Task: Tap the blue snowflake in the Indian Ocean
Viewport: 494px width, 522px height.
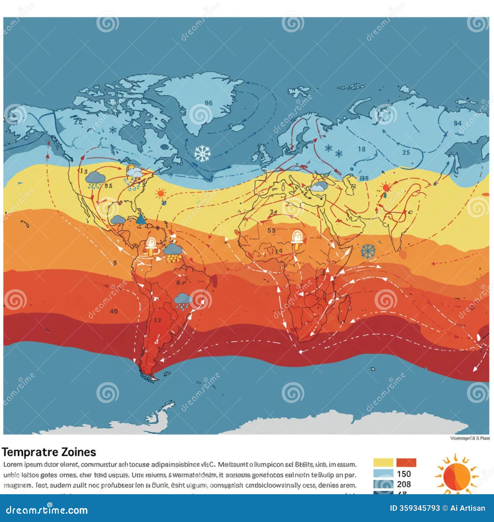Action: pyautogui.click(x=368, y=251)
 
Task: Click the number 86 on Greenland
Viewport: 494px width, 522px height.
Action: pyautogui.click(x=209, y=103)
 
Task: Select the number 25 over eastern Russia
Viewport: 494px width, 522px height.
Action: pyautogui.click(x=406, y=152)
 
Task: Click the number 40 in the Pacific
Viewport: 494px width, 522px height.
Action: pyautogui.click(x=114, y=311)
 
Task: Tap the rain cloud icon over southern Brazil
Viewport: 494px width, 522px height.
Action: pyautogui.click(x=183, y=301)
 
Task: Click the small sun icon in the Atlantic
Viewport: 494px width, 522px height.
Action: pyautogui.click(x=161, y=194)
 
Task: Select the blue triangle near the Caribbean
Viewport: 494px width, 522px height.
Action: pyautogui.click(x=141, y=219)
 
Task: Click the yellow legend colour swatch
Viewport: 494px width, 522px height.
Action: pyautogui.click(x=383, y=462)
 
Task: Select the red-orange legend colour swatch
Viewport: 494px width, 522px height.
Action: pyautogui.click(x=406, y=462)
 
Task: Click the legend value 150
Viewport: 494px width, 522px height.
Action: pyautogui.click(x=404, y=474)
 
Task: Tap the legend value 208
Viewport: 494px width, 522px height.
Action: pyautogui.click(x=404, y=484)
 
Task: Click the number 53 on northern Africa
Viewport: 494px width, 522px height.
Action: pyautogui.click(x=271, y=230)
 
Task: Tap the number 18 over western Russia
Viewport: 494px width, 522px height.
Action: pyautogui.click(x=362, y=149)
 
